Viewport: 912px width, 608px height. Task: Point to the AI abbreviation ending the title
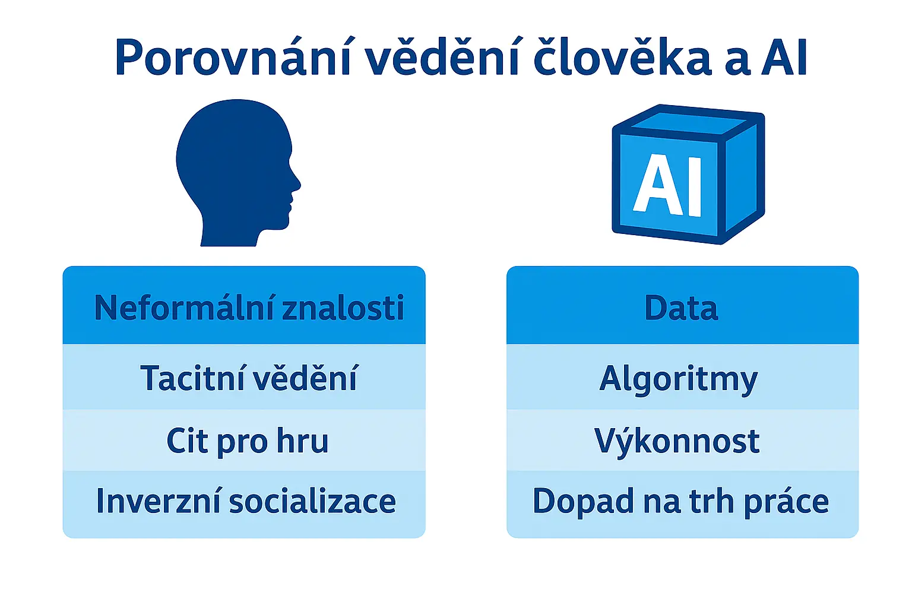784,58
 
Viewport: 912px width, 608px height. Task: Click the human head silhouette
235,169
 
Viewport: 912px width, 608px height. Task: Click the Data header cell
682,308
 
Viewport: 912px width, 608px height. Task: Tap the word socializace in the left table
312,502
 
